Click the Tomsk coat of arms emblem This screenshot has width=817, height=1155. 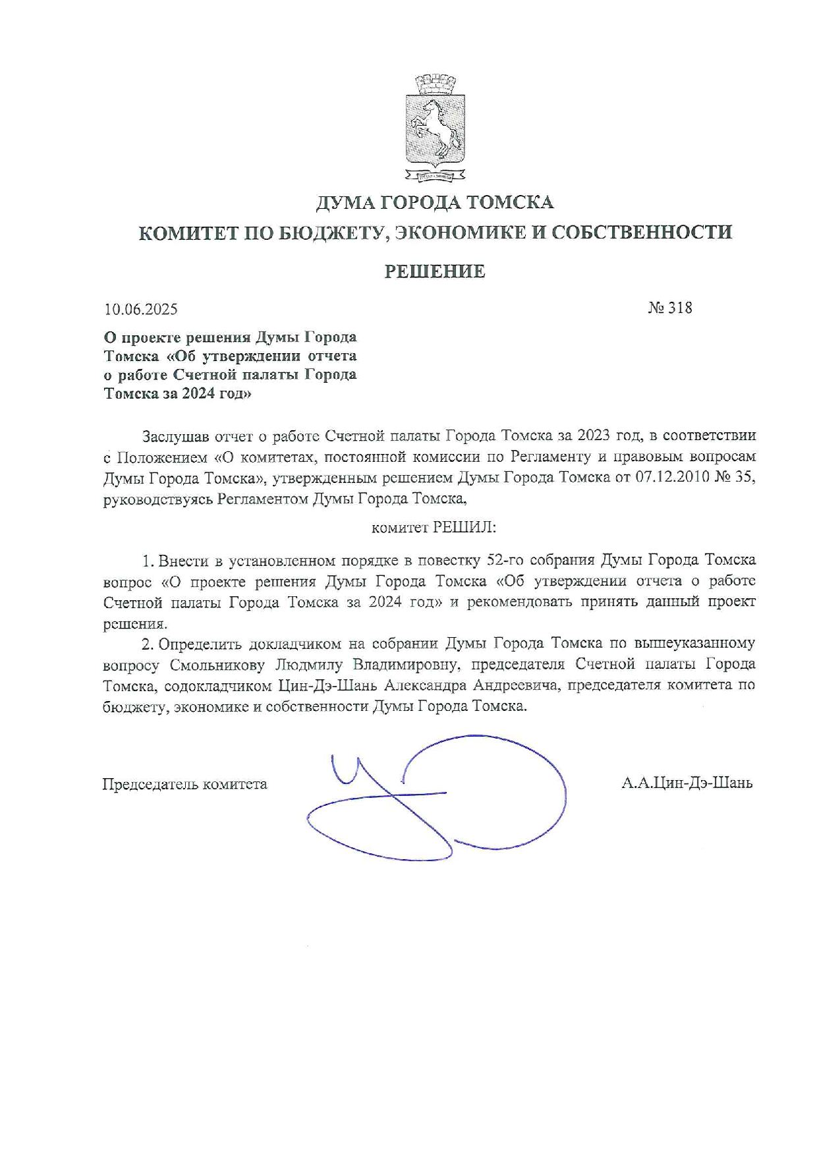(434, 128)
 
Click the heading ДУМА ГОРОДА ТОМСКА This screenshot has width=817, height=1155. (435, 202)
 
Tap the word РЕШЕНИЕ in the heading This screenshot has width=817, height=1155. (435, 271)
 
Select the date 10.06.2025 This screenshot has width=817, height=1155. (141, 309)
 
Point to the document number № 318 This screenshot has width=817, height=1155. (670, 308)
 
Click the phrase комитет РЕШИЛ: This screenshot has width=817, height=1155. (434, 528)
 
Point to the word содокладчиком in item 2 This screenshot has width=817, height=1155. (217, 685)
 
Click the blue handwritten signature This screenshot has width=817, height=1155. (435, 797)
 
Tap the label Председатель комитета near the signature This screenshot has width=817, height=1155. (184, 784)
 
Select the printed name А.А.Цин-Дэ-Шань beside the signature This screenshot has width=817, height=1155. (687, 783)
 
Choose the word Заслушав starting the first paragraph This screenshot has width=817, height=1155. (173, 436)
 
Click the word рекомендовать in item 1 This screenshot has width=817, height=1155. (521, 602)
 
